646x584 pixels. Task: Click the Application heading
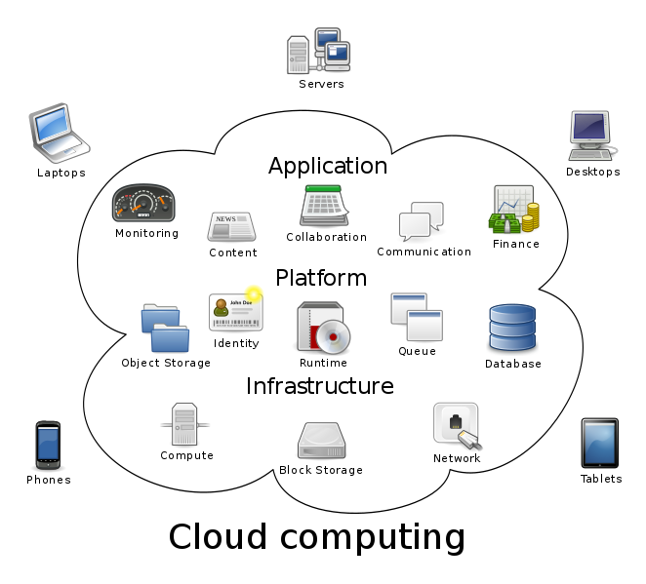pos(328,166)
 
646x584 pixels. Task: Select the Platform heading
pos(321,278)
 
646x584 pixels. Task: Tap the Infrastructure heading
pos(320,386)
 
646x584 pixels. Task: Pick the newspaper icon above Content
pos(231,226)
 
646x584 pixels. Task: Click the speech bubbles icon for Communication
pos(422,221)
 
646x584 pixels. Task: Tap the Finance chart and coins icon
pos(514,210)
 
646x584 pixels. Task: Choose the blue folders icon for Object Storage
pos(164,329)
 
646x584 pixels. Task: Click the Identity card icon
pos(235,312)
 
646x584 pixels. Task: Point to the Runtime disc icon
pos(323,328)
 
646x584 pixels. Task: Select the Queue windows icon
pos(417,317)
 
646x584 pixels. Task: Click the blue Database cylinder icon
pos(512,329)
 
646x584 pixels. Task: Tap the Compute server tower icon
pos(184,424)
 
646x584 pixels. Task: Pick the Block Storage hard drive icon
pos(320,441)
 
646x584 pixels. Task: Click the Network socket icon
pos(457,426)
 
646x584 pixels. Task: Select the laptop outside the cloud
pos(58,132)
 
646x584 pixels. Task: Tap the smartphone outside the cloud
pos(49,444)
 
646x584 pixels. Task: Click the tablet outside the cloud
pos(599,443)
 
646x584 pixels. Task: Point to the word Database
pos(512,365)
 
